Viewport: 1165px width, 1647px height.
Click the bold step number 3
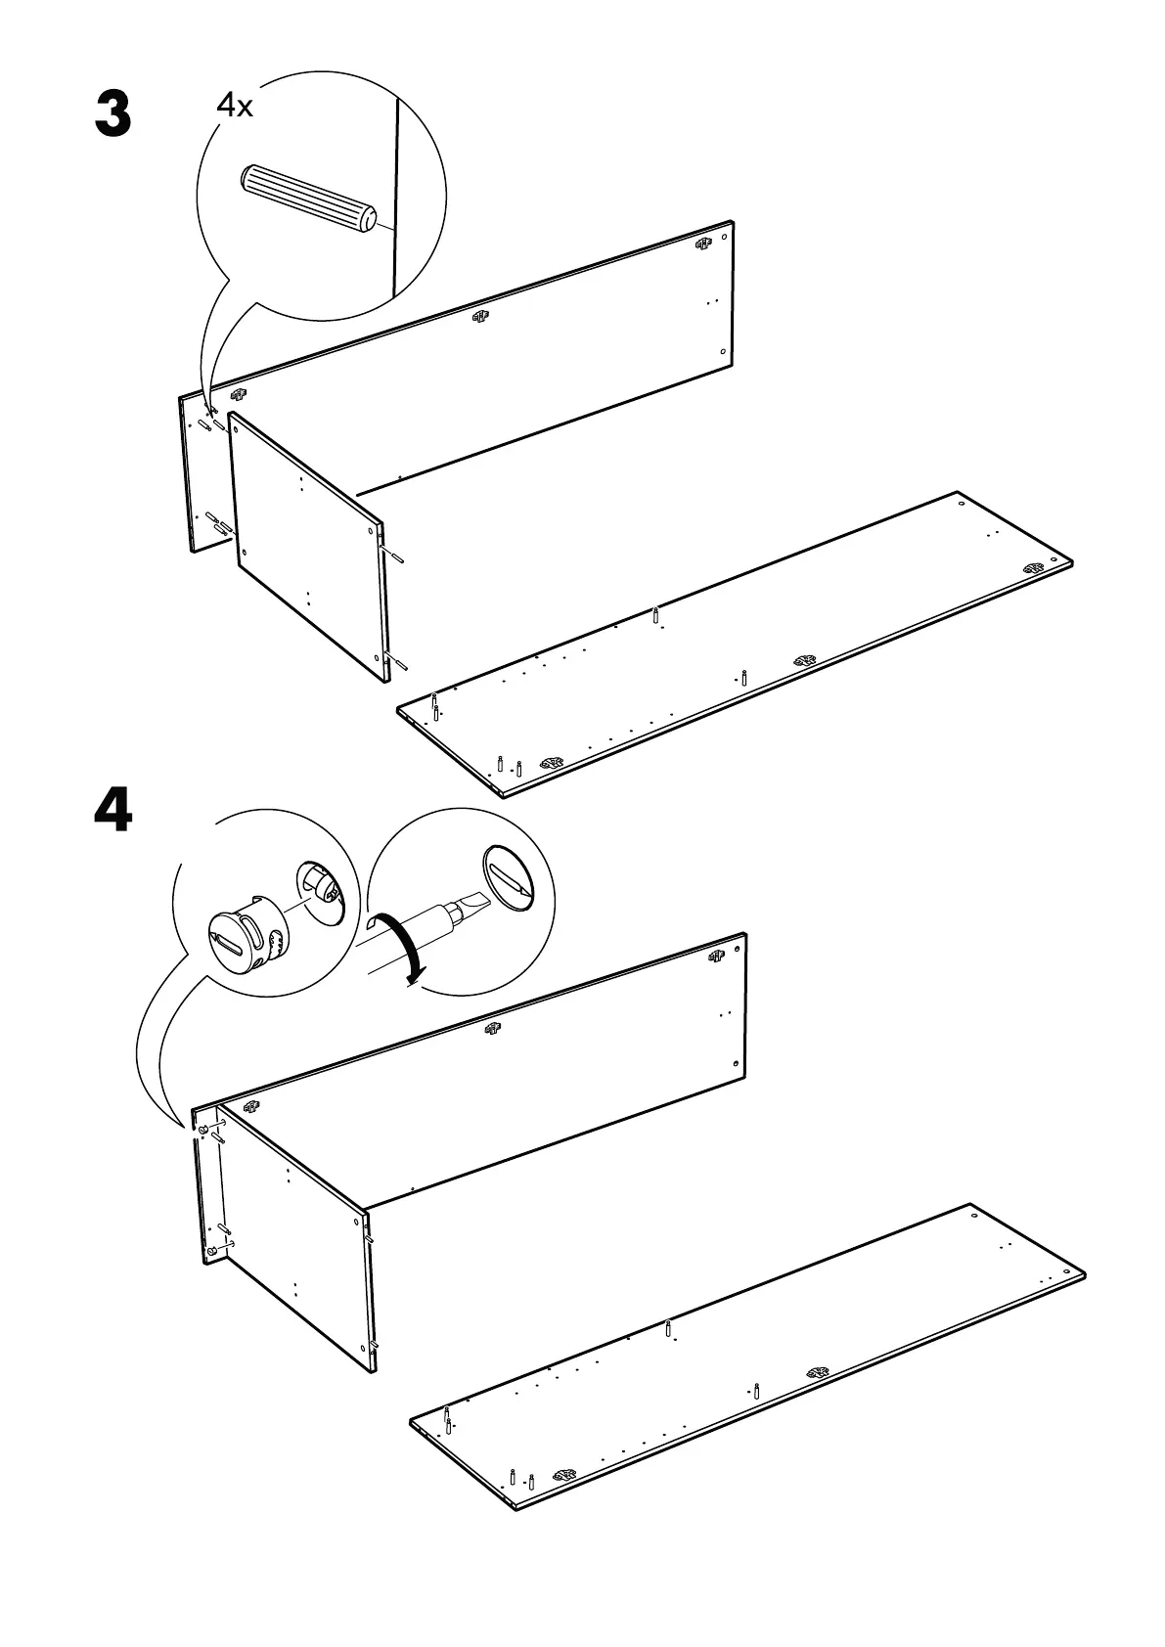(x=112, y=114)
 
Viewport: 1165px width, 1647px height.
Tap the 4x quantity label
(x=235, y=106)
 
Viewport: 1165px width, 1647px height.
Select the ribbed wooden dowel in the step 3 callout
(x=307, y=199)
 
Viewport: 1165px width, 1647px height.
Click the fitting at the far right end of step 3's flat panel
(x=1033, y=567)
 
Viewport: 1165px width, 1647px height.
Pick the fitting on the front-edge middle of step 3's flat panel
(x=804, y=660)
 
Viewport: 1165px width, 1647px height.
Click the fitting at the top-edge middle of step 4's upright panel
(x=492, y=1028)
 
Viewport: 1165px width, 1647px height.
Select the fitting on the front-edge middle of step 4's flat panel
(x=818, y=1373)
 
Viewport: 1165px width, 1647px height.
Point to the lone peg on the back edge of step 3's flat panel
(x=656, y=616)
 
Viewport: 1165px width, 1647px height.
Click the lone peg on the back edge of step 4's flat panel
(x=668, y=1329)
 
